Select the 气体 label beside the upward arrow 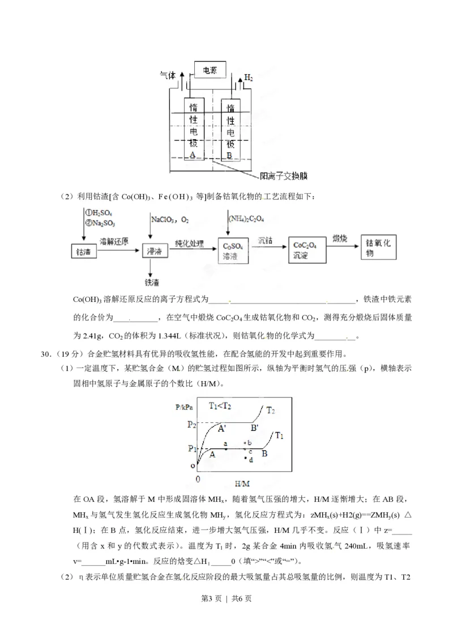coord(169,75)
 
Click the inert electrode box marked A coord(193,131)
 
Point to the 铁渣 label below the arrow coord(153,281)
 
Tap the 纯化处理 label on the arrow coord(189,240)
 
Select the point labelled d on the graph coord(247,459)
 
